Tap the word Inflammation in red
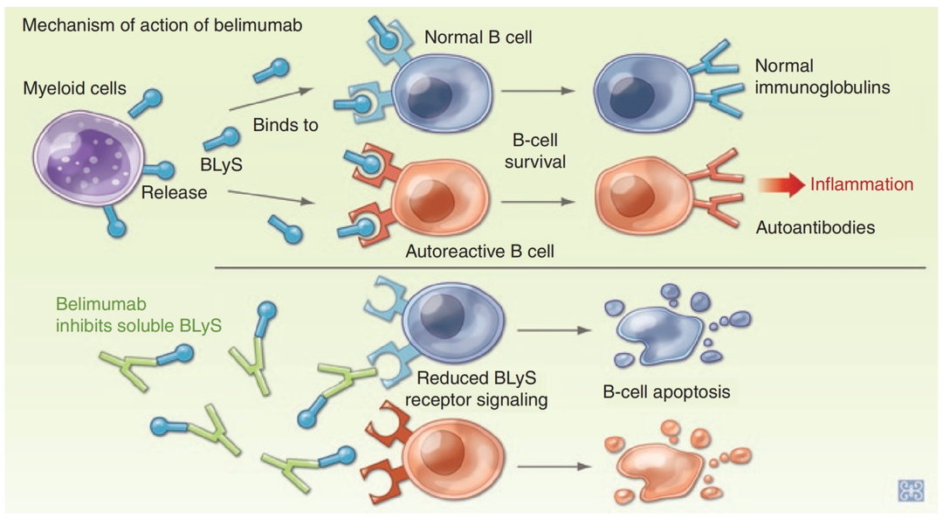pyautogui.click(x=861, y=184)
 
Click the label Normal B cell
pyautogui.click(x=478, y=38)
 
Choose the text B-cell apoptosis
pyautogui.click(x=666, y=391)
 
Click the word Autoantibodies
pyautogui.click(x=815, y=226)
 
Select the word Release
pyautogui.click(x=175, y=192)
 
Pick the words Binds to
pyautogui.click(x=286, y=125)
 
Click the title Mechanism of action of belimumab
pyautogui.click(x=162, y=24)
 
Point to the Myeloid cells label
pyautogui.click(x=75, y=88)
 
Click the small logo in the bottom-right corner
pyautogui.click(x=910, y=490)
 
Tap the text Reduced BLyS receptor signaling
pyautogui.click(x=482, y=390)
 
